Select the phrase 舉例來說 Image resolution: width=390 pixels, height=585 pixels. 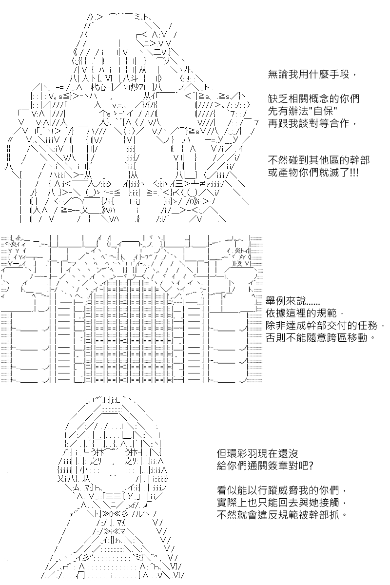point(286,300)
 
